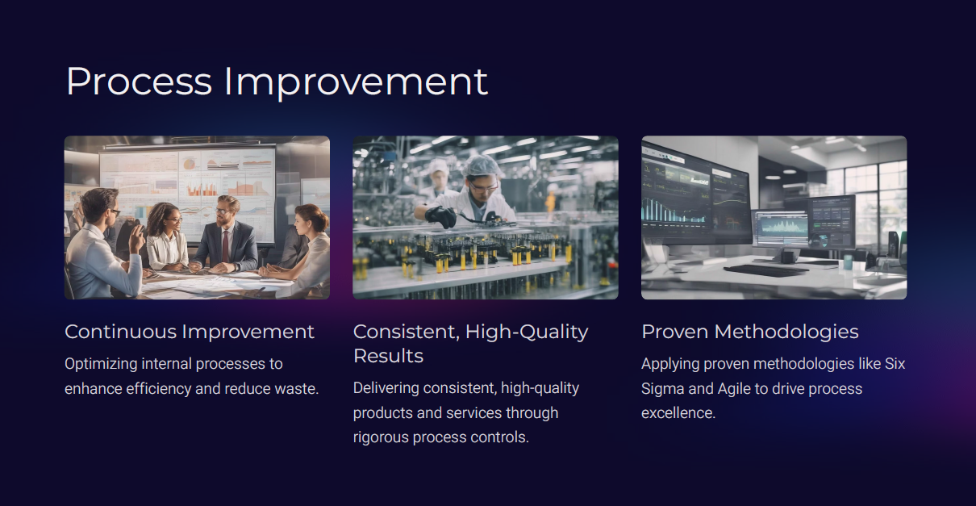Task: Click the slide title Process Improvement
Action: (277, 82)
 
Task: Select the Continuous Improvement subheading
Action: (189, 332)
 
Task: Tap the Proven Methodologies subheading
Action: (750, 332)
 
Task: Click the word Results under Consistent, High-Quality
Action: (388, 356)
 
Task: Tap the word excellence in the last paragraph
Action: (678, 413)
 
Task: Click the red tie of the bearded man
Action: (225, 246)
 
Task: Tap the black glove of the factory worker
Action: (440, 216)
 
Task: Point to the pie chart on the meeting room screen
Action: (189, 164)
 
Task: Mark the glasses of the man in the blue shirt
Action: (115, 212)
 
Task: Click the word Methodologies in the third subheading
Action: (786, 332)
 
